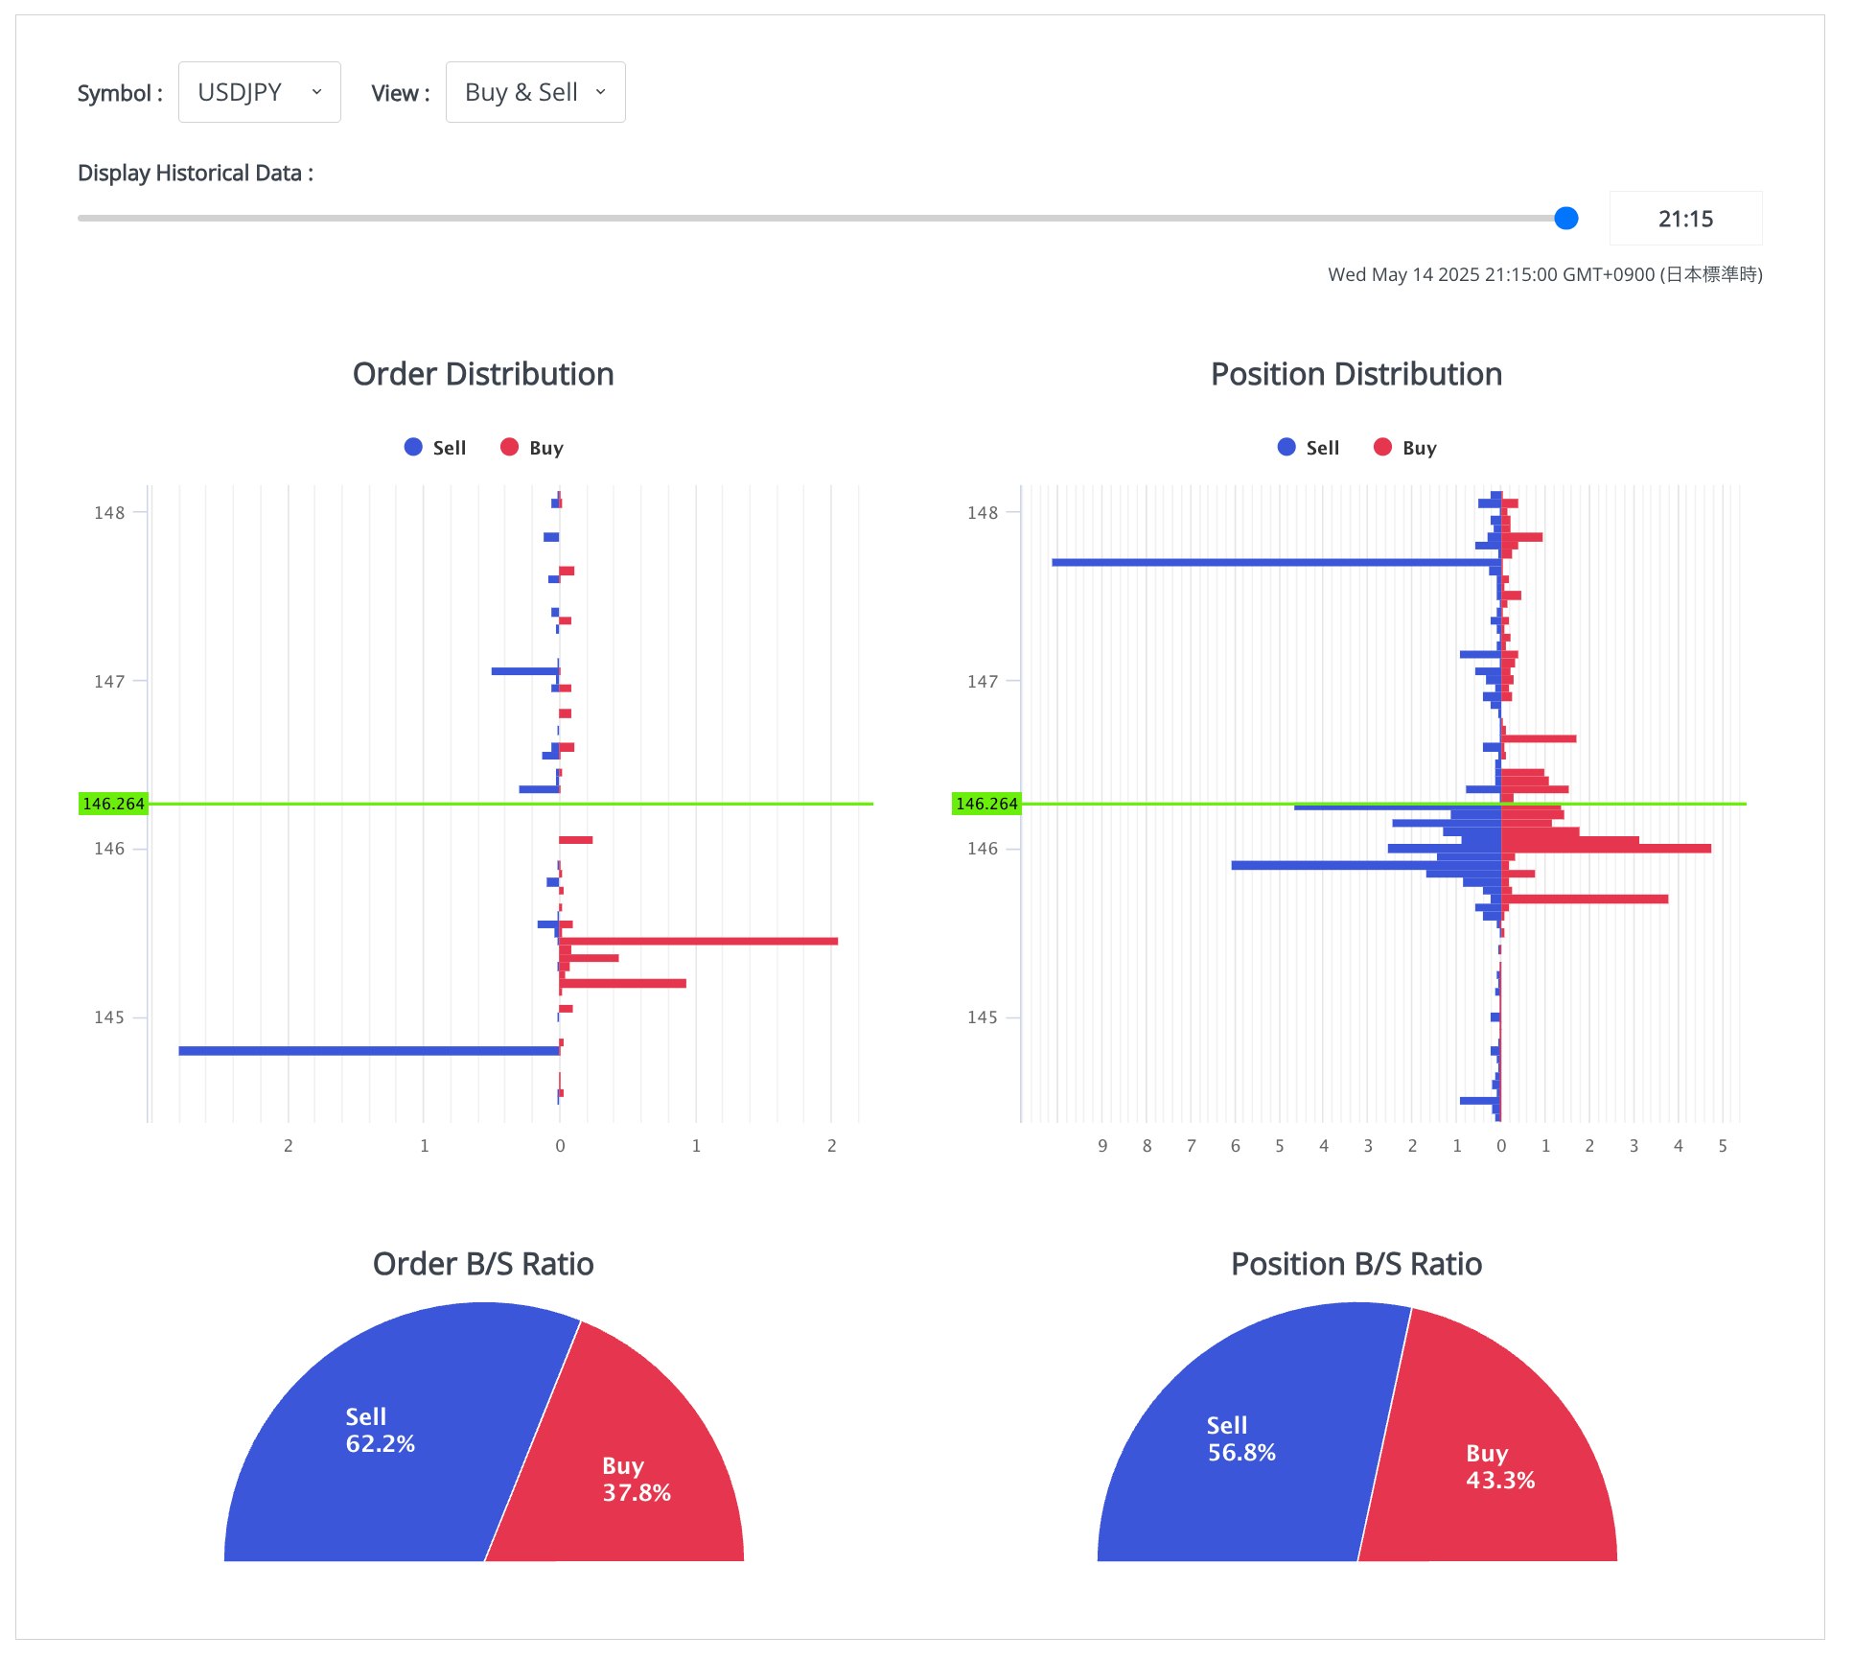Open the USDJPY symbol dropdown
click(259, 92)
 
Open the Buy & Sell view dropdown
click(535, 92)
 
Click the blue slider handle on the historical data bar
click(1565, 219)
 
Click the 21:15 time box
click(1684, 219)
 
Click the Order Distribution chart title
click(483, 374)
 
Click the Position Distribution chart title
click(1356, 374)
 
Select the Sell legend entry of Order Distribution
click(436, 448)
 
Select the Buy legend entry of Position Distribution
click(1405, 448)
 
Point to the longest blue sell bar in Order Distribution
click(369, 1051)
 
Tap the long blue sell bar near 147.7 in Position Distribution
click(1275, 562)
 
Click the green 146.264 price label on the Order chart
click(113, 804)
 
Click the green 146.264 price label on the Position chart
click(986, 804)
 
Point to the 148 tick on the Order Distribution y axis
click(109, 513)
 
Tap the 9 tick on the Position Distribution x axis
click(1102, 1146)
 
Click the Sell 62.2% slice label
click(380, 1430)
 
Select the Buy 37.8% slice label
click(636, 1479)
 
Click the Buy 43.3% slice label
click(1499, 1466)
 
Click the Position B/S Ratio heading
click(1356, 1264)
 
